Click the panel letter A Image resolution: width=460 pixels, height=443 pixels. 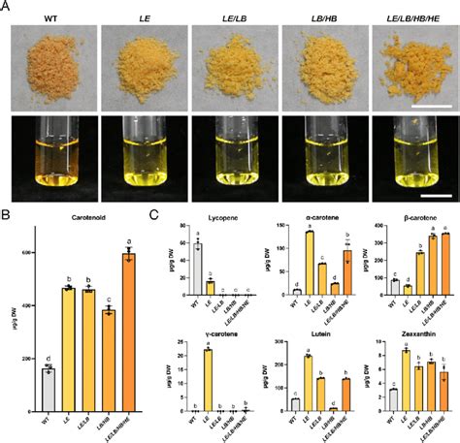(x=6, y=6)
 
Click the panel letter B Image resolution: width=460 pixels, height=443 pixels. (x=6, y=209)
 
